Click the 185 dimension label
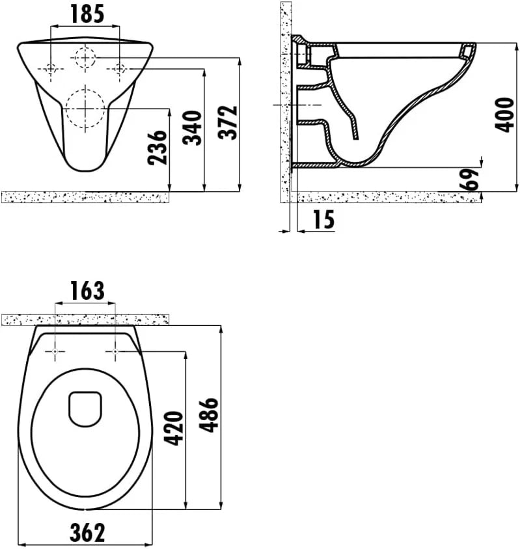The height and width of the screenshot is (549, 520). (86, 14)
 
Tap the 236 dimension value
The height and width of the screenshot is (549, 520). (158, 148)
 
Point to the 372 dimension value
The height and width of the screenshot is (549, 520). (230, 122)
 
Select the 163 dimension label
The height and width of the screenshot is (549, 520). (86, 291)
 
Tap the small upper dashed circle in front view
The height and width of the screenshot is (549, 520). (85, 58)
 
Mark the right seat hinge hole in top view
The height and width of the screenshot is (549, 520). (115, 352)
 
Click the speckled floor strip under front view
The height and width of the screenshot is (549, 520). (85, 196)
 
